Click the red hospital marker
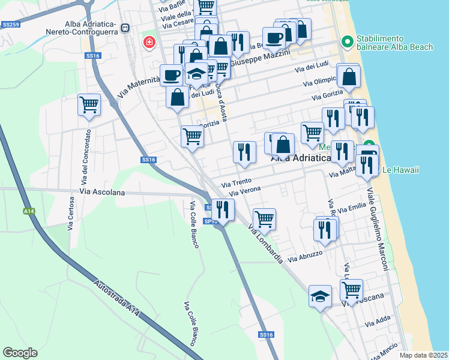pyautogui.click(x=149, y=43)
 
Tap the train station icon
pyautogui.click(x=125, y=28)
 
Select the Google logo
pyautogui.click(x=20, y=353)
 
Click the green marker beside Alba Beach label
pyautogui.click(x=346, y=41)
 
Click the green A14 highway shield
pyautogui.click(x=28, y=211)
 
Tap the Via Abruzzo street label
pyautogui.click(x=305, y=257)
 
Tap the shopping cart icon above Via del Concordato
pyautogui.click(x=89, y=105)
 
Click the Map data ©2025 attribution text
pyautogui.click(x=423, y=355)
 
